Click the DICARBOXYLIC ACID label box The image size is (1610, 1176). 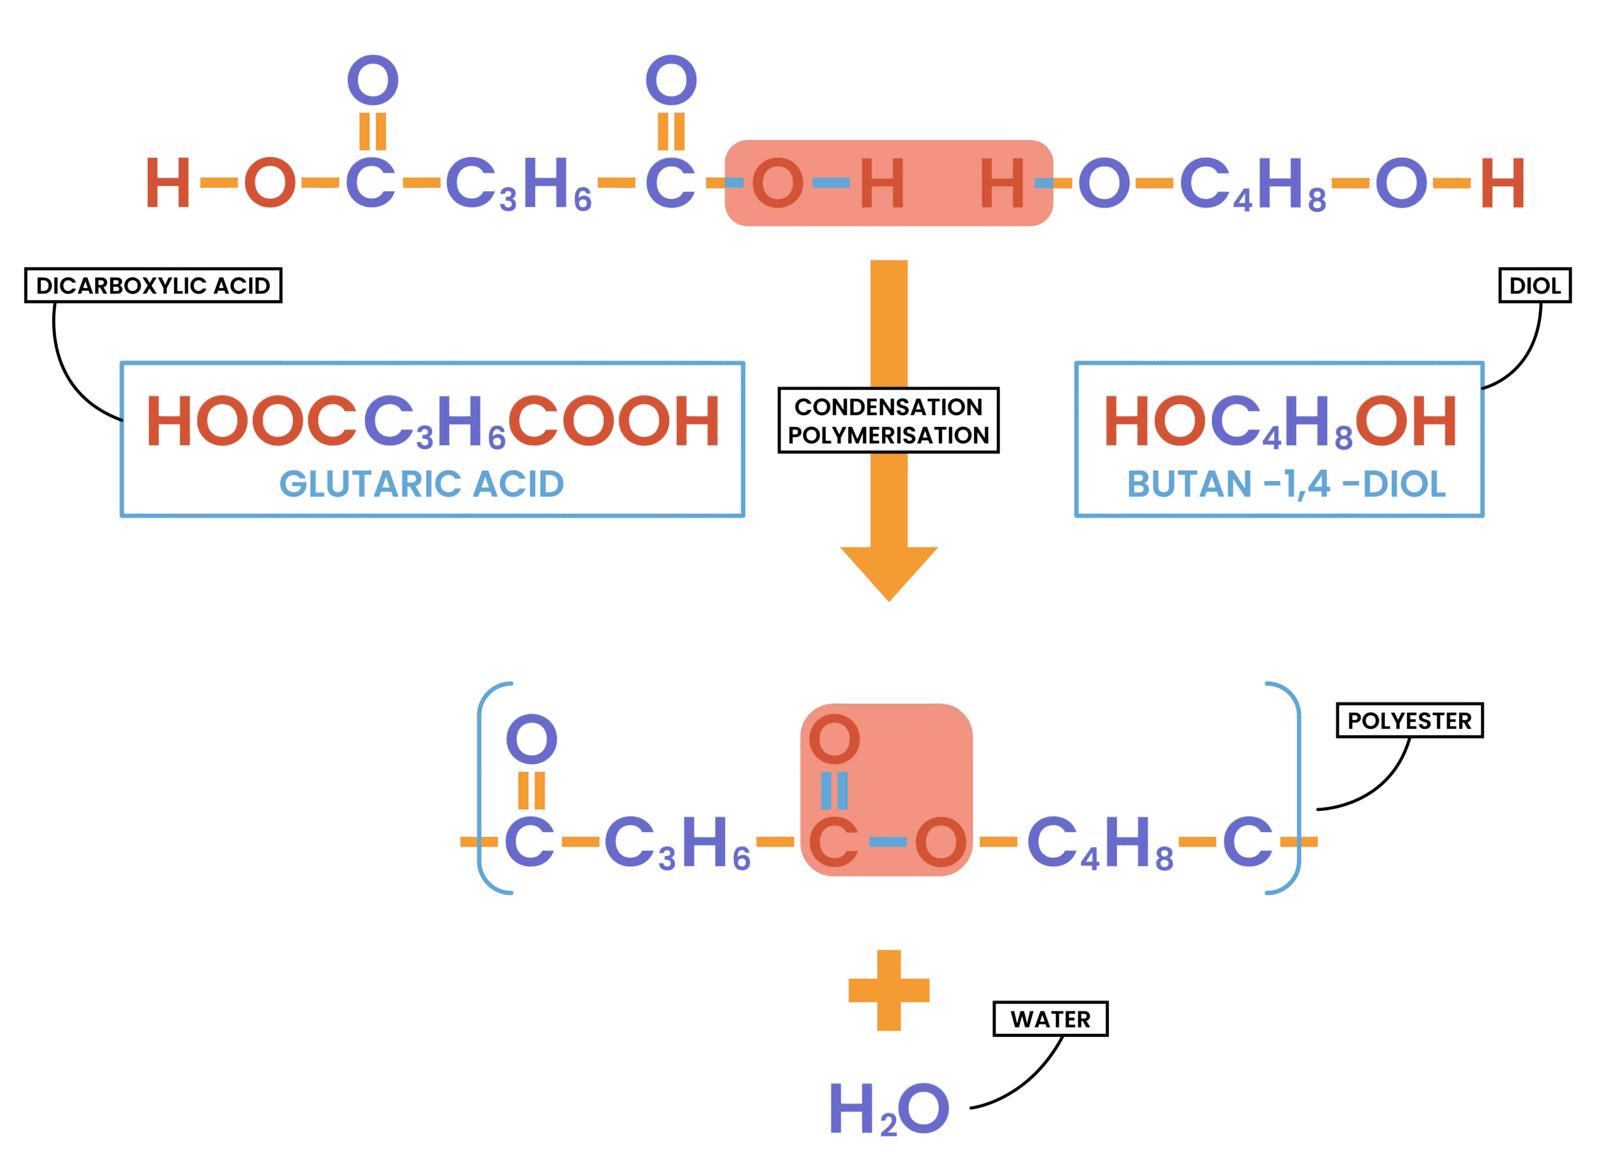(x=153, y=286)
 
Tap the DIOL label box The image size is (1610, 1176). (x=1535, y=286)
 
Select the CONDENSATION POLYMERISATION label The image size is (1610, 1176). (x=888, y=421)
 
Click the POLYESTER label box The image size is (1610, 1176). (x=1409, y=721)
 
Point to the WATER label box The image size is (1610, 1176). (x=1050, y=1019)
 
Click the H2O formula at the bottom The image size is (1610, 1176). (x=890, y=1108)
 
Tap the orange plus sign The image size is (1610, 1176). (x=888, y=990)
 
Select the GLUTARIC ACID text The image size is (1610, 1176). (x=421, y=485)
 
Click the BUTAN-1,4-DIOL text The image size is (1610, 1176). (x=1286, y=485)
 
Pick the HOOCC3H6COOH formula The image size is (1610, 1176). (x=433, y=421)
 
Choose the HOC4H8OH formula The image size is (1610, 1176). (x=1280, y=421)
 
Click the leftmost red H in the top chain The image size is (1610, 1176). (x=168, y=183)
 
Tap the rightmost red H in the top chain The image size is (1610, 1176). (x=1502, y=183)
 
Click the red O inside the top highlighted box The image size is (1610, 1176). (x=777, y=183)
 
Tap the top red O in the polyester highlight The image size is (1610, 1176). (x=834, y=739)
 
